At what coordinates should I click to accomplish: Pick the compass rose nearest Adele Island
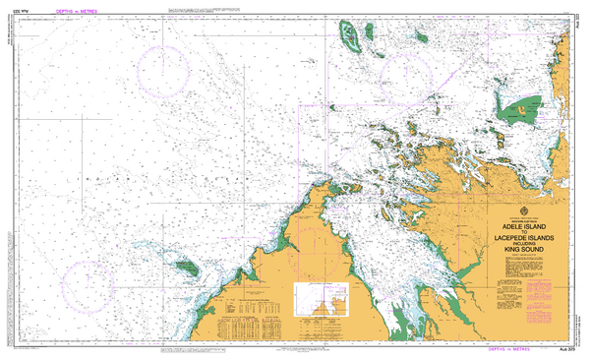tap(406, 74)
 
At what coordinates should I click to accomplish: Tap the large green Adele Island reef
tap(351, 37)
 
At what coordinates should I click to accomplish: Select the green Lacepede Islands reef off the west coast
tap(186, 267)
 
